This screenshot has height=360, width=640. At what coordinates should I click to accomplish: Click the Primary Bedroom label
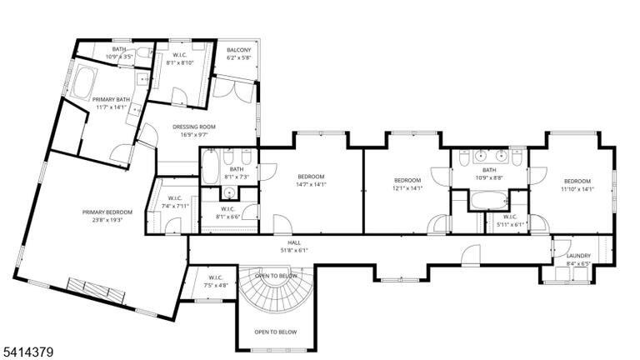[107, 212]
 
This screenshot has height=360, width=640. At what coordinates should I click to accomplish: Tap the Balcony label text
[239, 50]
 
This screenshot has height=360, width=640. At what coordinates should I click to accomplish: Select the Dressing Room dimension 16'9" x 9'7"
[194, 134]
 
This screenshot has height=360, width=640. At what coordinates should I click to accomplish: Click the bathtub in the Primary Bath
[84, 82]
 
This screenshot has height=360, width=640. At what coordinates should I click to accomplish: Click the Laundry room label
[578, 256]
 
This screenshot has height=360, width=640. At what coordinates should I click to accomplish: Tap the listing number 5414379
[28, 352]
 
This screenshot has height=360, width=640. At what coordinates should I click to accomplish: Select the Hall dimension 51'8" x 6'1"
[294, 250]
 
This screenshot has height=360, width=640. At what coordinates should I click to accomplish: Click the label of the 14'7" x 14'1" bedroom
[311, 177]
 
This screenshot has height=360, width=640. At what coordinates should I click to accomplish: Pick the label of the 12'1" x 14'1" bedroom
[407, 180]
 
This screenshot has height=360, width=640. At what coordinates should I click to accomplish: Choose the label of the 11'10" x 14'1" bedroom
[577, 181]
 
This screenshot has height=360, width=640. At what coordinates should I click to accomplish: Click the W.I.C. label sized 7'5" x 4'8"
[216, 278]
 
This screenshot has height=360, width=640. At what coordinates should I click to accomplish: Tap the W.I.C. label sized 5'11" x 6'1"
[510, 217]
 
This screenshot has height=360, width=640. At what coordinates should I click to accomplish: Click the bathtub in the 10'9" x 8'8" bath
[489, 201]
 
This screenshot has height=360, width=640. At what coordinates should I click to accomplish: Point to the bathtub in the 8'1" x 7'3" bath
[210, 167]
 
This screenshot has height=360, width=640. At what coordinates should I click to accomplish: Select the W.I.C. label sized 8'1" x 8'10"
[180, 55]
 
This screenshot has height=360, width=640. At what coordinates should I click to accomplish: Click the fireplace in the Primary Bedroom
[97, 291]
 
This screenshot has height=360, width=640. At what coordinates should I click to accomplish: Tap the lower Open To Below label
[276, 332]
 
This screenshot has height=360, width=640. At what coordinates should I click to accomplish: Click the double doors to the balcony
[233, 90]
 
